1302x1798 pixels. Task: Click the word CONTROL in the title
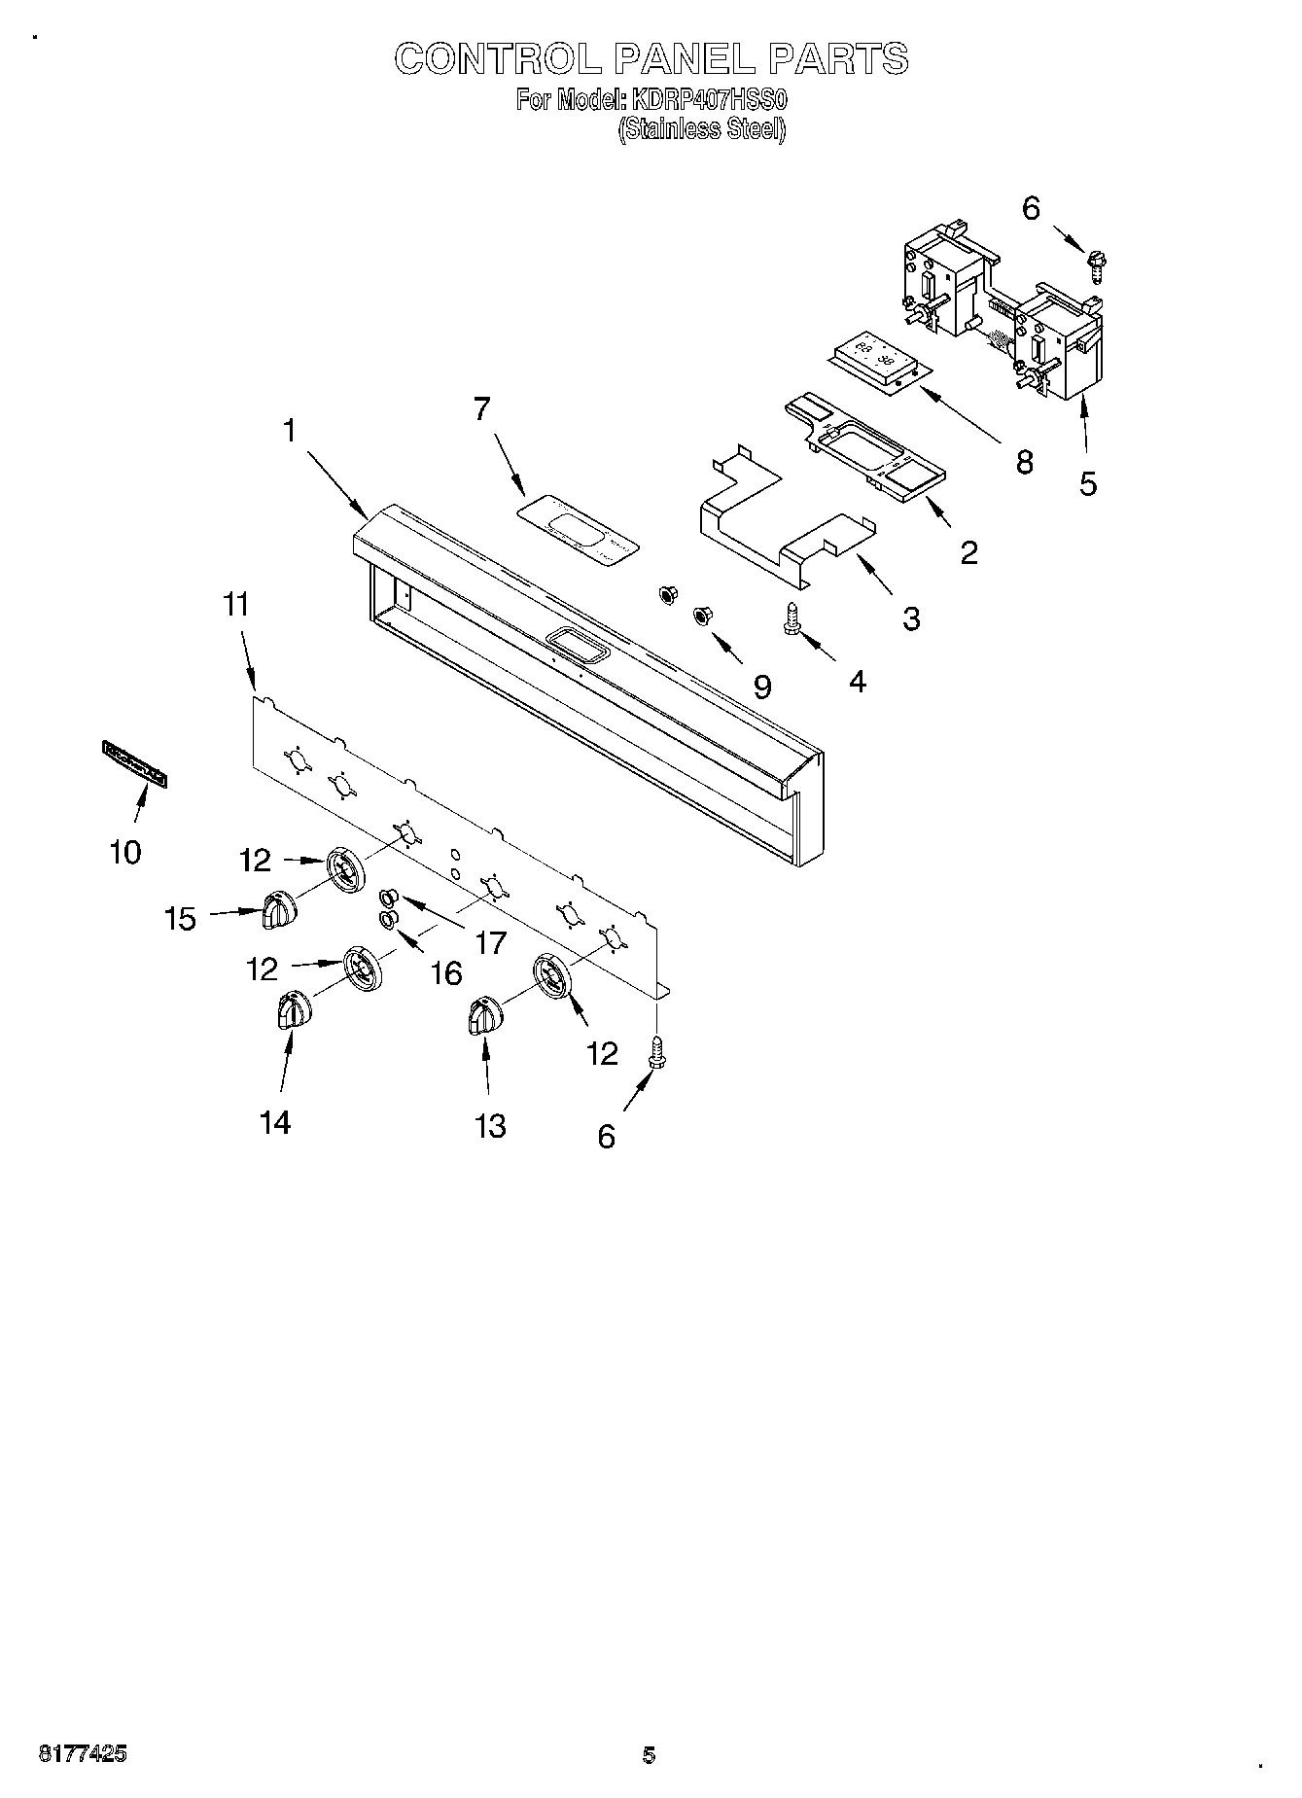point(497,59)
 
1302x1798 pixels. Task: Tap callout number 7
point(481,409)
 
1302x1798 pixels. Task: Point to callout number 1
point(289,431)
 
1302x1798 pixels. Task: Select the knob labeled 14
point(291,1010)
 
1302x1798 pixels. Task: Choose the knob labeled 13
point(483,1017)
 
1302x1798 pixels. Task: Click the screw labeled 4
point(792,618)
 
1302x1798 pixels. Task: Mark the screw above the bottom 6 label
point(656,1051)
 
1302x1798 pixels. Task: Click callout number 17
point(491,941)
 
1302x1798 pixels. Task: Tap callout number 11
point(236,605)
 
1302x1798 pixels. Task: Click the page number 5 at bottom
point(649,1755)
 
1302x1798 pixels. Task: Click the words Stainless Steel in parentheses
point(702,128)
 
